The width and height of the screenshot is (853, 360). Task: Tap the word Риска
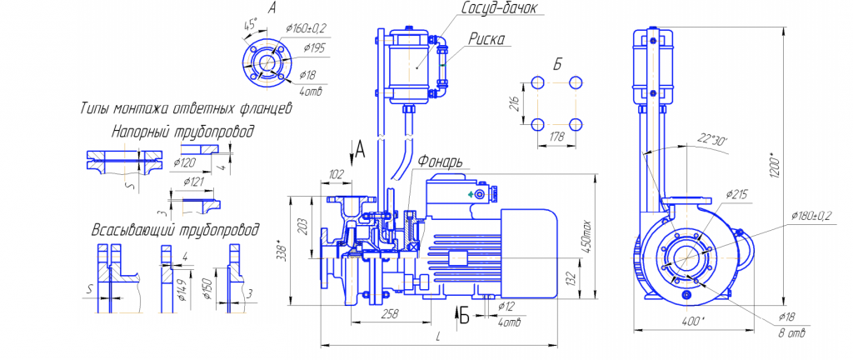[x=486, y=38]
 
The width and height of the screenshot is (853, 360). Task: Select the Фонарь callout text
[x=441, y=162]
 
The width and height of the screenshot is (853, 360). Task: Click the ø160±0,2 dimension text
[x=306, y=28]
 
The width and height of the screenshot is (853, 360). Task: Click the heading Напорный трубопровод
[x=182, y=132]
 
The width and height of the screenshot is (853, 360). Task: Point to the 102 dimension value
[x=336, y=175]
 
